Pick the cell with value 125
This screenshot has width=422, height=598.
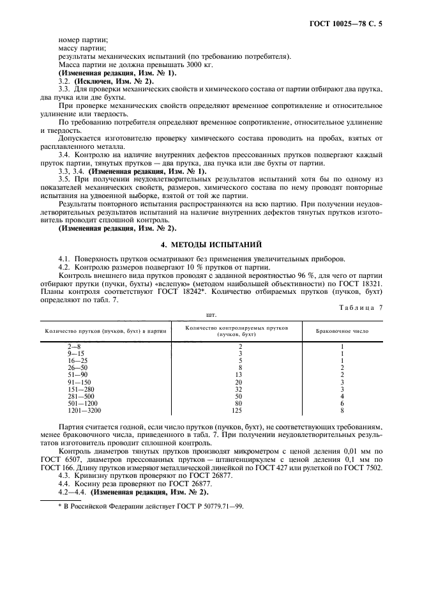click(239, 411)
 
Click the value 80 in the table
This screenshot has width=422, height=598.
click(239, 404)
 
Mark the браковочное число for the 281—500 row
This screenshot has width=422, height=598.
click(342, 397)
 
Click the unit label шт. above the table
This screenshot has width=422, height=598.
click(211, 314)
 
